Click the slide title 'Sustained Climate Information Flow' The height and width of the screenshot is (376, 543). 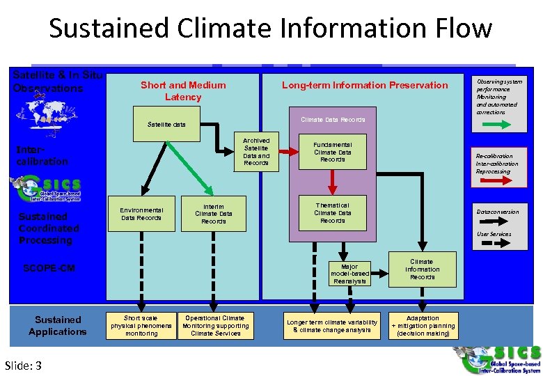click(x=270, y=29)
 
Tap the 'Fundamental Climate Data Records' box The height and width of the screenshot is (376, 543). click(x=333, y=152)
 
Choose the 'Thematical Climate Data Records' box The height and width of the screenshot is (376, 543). click(x=333, y=213)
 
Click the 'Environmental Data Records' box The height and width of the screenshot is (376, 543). click(x=141, y=213)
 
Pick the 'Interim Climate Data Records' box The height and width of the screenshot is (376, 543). click(x=214, y=213)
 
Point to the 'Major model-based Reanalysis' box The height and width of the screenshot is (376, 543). click(x=349, y=274)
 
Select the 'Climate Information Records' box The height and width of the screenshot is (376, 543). click(x=422, y=269)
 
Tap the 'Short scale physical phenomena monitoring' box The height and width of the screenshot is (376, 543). click(x=141, y=326)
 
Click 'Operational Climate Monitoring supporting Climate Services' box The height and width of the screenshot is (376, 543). click(x=215, y=326)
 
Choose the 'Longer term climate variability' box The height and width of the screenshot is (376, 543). click(x=332, y=326)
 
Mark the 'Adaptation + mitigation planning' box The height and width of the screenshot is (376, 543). click(x=423, y=326)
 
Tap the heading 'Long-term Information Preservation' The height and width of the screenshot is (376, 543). click(x=365, y=85)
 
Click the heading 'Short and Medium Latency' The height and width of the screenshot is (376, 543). click(x=183, y=91)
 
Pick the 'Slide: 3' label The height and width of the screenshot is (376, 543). click(x=23, y=366)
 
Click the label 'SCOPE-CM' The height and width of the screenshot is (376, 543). click(x=49, y=268)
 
